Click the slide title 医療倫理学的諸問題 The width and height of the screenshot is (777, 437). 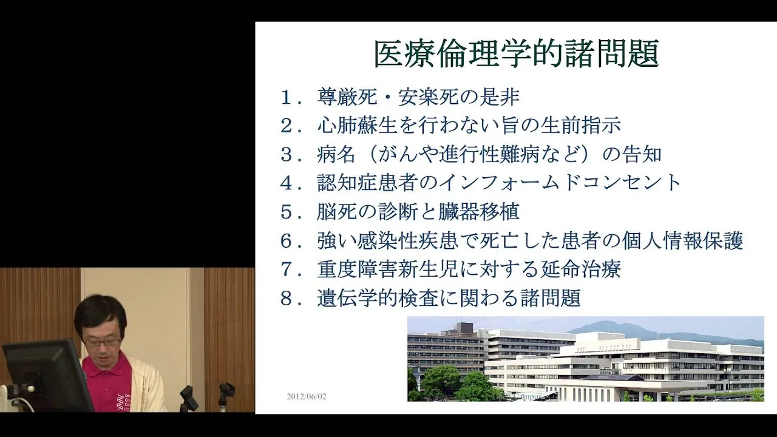517,54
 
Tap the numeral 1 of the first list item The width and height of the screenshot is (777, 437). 287,98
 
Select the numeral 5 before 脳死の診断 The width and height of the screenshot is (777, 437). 287,212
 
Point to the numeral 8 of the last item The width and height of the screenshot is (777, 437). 287,299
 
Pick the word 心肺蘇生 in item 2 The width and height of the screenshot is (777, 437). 357,125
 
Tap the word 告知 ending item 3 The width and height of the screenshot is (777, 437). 642,154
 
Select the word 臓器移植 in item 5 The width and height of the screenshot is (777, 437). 479,212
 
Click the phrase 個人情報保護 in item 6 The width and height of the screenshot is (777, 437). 682,240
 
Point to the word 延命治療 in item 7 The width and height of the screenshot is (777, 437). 581,269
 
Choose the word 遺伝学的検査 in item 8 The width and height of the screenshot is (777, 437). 377,298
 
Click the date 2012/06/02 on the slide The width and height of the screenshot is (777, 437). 307,396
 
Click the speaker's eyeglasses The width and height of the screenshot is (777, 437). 103,342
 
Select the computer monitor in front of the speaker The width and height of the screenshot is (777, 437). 47,376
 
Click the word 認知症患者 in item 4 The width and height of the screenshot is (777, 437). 367,183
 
